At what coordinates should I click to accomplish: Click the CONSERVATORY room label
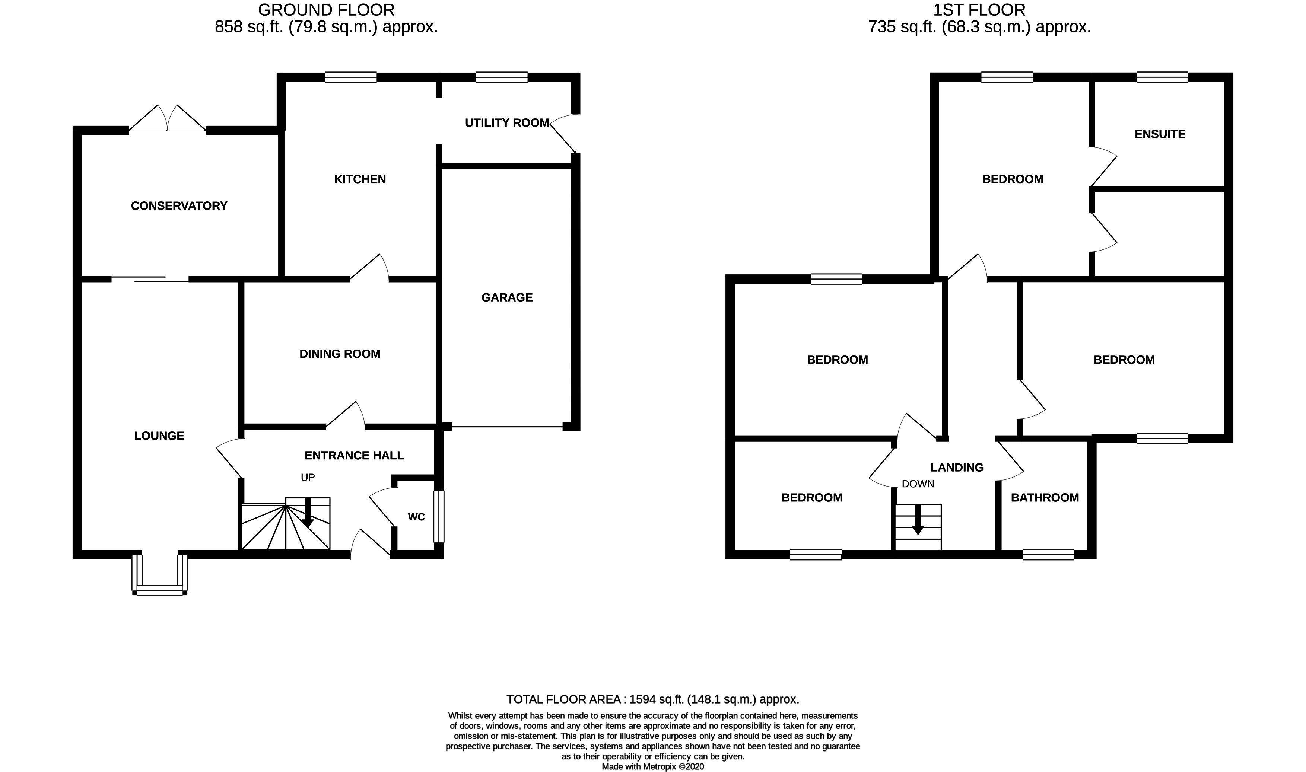click(179, 206)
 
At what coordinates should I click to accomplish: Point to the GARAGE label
click(507, 297)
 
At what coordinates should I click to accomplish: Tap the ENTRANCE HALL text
click(354, 456)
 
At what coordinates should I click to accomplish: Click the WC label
click(416, 517)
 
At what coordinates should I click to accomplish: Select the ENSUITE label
click(1160, 134)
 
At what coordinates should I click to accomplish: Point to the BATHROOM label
click(1044, 498)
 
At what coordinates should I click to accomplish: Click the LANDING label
click(957, 468)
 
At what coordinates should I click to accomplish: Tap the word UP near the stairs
click(308, 478)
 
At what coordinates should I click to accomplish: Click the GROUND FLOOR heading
click(326, 10)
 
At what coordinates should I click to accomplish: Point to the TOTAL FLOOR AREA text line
click(652, 700)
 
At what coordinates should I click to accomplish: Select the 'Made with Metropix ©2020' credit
click(652, 767)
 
